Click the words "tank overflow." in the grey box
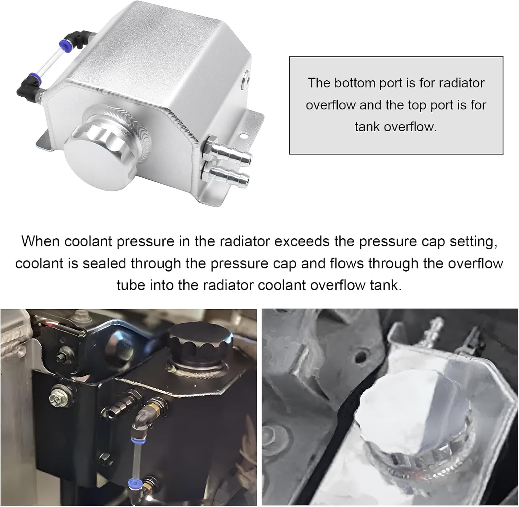(396, 127)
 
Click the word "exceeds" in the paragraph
(302, 241)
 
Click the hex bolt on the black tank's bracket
(57, 399)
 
